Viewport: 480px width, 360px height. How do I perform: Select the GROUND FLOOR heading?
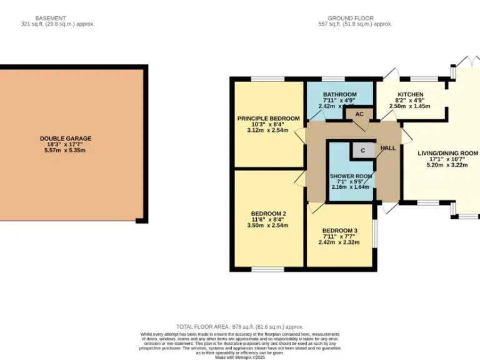tap(351, 18)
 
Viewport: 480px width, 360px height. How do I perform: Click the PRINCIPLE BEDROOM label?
tap(268, 118)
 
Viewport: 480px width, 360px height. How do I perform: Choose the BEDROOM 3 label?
tap(339, 231)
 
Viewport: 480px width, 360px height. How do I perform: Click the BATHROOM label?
tap(339, 94)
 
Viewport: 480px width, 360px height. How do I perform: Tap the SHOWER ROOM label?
tap(351, 176)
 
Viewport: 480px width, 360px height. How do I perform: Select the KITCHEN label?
tap(410, 94)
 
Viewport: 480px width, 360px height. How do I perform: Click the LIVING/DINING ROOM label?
tap(447, 153)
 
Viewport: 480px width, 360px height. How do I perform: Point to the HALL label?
tap(388, 147)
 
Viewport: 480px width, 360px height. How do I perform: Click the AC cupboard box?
tap(359, 114)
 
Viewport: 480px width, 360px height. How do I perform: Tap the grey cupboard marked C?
tap(362, 151)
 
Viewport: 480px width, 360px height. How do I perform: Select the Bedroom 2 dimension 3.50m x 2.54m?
tap(268, 226)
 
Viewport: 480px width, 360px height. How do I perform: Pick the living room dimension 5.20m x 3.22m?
tap(447, 165)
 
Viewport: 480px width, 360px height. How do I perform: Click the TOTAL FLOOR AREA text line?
tap(239, 327)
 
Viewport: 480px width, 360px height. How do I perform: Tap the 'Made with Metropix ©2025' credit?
tap(239, 357)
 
